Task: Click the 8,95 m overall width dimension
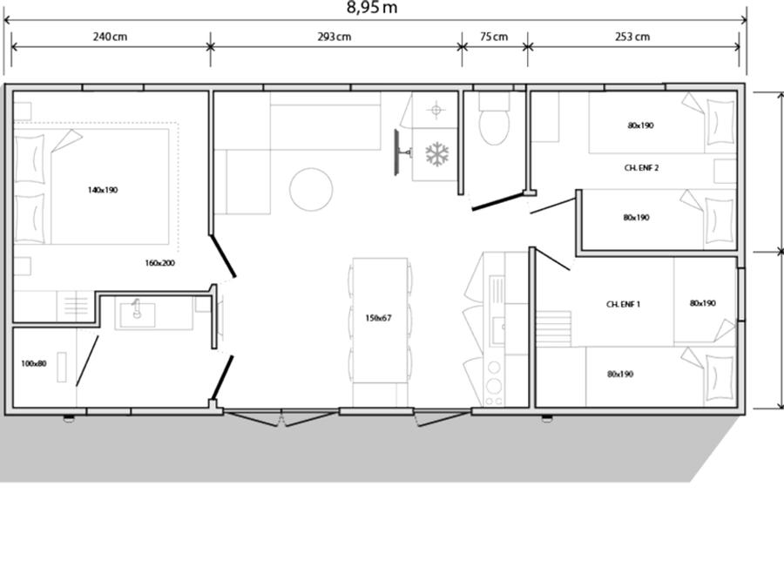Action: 372,8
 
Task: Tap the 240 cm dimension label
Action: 110,37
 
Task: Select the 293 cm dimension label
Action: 334,37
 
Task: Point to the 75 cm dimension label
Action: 494,37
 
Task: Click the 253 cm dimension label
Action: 632,37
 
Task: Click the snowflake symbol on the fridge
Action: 437,154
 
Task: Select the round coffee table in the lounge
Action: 311,190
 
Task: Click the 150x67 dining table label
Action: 379,318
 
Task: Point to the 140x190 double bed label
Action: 103,190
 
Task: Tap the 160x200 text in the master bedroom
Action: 160,263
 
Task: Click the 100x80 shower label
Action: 33,363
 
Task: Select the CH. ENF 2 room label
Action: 641,168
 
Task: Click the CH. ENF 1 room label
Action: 623,304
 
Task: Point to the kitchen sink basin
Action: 497,330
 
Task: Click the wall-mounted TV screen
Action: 396,152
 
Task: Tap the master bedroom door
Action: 222,256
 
